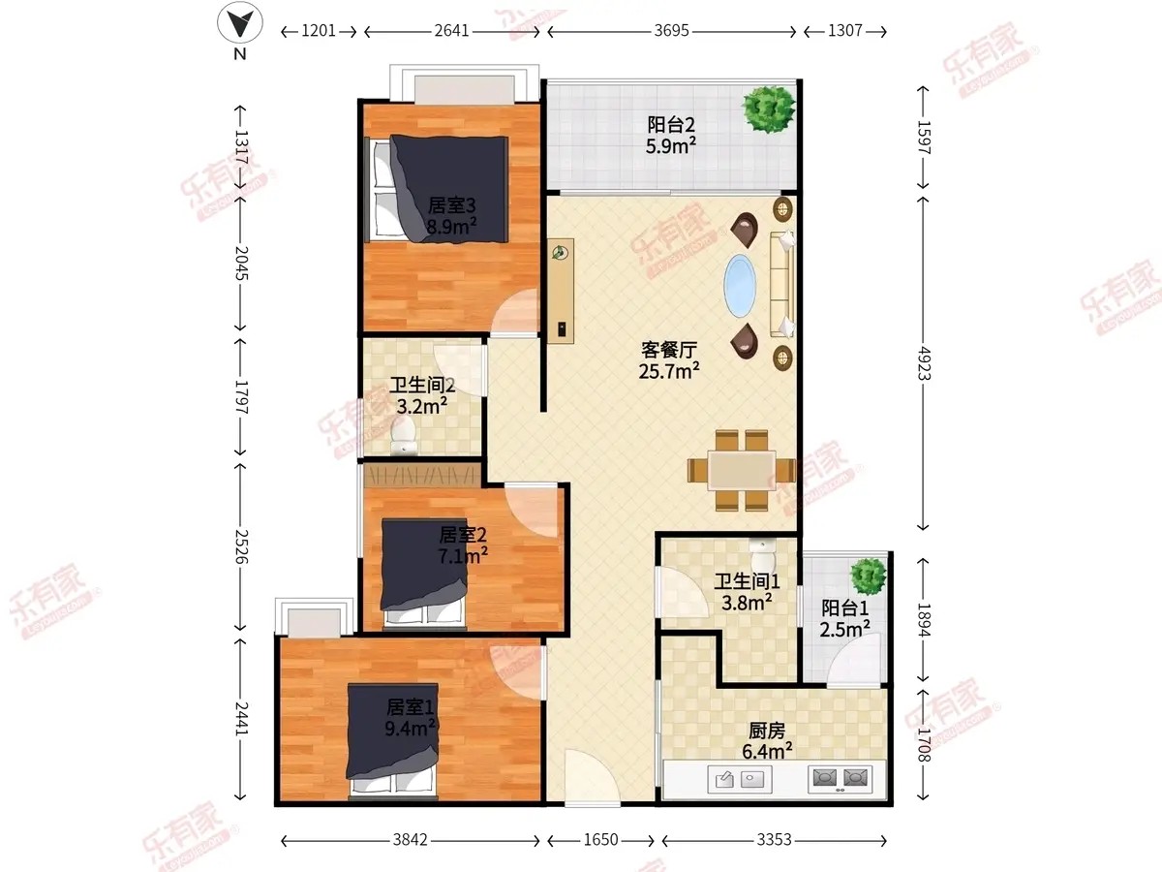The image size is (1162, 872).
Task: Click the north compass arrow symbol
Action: point(240,22)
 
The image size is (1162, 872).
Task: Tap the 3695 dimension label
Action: point(671,31)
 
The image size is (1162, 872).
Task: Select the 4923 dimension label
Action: point(925,363)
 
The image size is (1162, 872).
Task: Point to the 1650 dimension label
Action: point(601,839)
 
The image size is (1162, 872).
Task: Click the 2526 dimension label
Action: point(241,546)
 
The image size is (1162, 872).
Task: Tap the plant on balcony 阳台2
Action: point(768,109)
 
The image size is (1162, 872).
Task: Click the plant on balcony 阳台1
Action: point(868,576)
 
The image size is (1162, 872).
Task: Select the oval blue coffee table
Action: point(740,286)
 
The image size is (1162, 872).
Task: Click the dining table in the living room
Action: point(742,470)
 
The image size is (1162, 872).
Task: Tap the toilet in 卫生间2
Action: point(404,436)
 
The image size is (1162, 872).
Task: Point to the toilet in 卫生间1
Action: point(762,554)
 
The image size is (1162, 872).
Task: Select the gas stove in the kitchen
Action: point(841,778)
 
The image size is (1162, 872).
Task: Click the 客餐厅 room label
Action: point(669,350)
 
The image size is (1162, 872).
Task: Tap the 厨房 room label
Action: point(766,731)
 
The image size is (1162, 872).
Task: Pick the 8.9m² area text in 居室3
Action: point(451,227)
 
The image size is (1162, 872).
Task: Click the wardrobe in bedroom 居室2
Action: point(422,475)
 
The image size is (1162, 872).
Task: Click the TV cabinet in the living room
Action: point(561,291)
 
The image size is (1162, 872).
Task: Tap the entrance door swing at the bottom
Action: point(592,777)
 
